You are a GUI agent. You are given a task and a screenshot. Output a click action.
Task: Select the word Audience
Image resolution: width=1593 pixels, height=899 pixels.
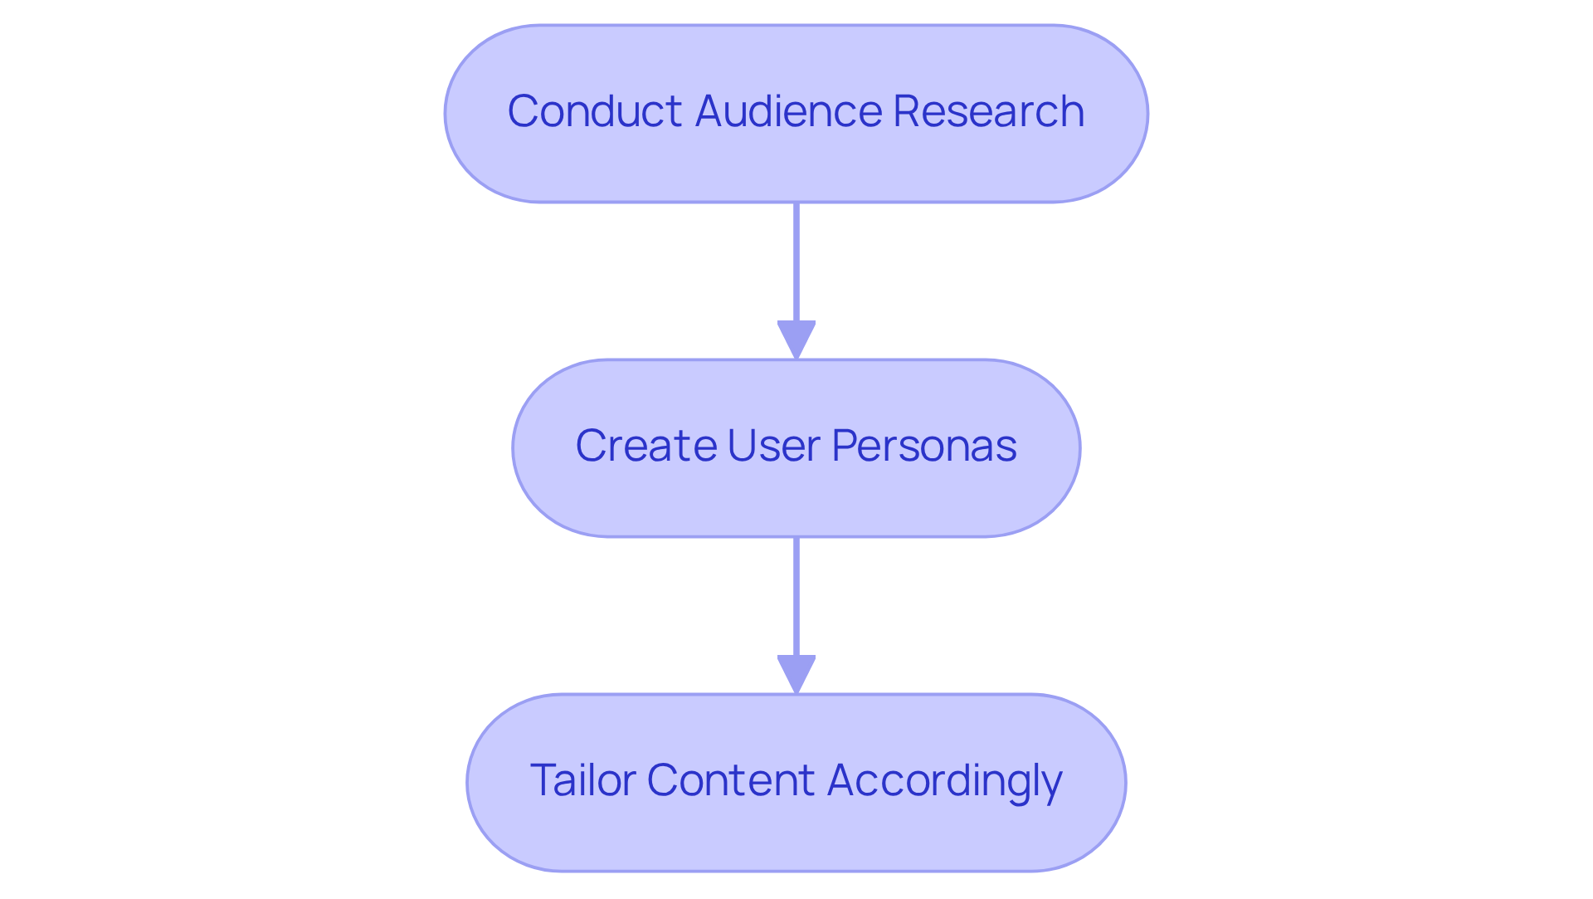(x=788, y=111)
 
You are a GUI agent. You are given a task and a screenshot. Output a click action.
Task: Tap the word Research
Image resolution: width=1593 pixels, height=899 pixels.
(x=988, y=111)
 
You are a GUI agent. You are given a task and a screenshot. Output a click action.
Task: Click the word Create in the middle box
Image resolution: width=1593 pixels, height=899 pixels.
(x=645, y=446)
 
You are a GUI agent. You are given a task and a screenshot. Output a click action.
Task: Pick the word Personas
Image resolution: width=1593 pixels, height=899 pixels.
(x=923, y=446)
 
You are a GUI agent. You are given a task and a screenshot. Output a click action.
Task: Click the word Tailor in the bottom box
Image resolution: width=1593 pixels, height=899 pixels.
(x=582, y=780)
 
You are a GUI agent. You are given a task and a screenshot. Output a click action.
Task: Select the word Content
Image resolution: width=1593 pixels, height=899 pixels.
(x=730, y=780)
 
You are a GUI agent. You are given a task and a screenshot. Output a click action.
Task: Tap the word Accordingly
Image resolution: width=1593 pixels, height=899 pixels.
(x=944, y=782)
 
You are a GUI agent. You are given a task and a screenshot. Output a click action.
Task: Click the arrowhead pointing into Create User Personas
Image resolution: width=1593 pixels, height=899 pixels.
(x=796, y=339)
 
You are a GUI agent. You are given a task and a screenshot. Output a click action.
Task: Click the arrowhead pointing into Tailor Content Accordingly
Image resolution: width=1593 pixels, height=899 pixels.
(x=796, y=673)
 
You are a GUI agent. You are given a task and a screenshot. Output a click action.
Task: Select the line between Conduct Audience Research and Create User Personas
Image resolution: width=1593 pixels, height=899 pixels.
(x=796, y=261)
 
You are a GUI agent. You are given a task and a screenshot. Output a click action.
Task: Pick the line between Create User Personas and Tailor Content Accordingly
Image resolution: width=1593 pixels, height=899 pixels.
(x=796, y=596)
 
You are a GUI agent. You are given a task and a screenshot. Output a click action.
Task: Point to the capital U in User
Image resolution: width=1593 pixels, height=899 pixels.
(x=741, y=446)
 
